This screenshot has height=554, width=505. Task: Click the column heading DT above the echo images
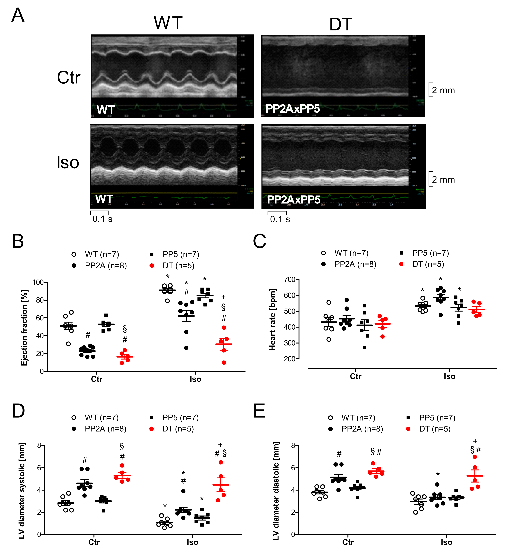pyautogui.click(x=341, y=24)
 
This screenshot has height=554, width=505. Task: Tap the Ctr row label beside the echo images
pyautogui.click(x=69, y=78)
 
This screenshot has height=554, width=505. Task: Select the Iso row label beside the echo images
pyautogui.click(x=68, y=162)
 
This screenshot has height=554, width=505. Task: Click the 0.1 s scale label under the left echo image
pyautogui.click(x=102, y=219)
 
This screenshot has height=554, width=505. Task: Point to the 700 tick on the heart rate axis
pyautogui.click(x=290, y=279)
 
